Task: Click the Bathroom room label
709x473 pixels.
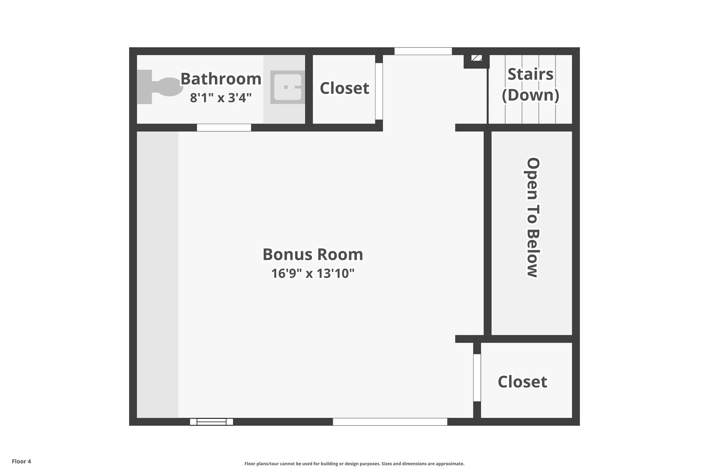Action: [221, 79]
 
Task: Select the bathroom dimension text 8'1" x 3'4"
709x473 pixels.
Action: [221, 98]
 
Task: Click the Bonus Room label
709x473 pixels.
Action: [312, 254]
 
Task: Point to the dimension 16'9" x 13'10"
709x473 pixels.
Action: [312, 274]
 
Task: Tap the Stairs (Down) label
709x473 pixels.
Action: [530, 85]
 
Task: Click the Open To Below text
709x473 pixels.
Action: [532, 217]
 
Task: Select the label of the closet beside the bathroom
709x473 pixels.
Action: [344, 88]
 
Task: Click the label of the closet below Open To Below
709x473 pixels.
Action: [522, 382]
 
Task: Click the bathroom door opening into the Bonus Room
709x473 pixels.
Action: [224, 127]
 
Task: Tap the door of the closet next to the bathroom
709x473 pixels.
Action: [379, 92]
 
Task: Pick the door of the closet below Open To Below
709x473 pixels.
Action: [477, 378]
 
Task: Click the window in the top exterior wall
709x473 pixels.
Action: [423, 51]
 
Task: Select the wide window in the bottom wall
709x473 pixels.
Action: [390, 422]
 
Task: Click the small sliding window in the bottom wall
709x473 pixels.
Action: [211, 422]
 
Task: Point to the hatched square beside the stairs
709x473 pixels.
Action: [477, 58]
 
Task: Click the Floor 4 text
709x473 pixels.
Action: [21, 461]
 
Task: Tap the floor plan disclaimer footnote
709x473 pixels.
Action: [354, 463]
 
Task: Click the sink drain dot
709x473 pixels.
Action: [286, 87]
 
